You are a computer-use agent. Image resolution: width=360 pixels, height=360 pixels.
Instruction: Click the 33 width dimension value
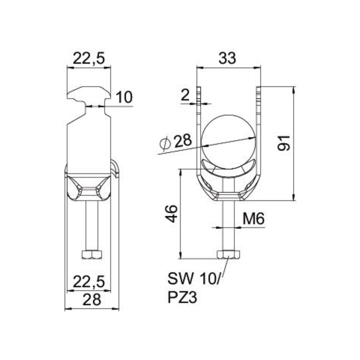pyautogui.click(x=227, y=58)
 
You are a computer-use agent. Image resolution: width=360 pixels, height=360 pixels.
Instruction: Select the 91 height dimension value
pyautogui.click(x=284, y=143)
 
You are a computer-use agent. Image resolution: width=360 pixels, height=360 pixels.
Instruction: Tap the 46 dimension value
pyautogui.click(x=171, y=214)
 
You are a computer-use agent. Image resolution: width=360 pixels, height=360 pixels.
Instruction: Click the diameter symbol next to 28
pyautogui.click(x=165, y=143)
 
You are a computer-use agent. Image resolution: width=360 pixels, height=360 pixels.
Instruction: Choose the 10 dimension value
pyautogui.click(x=124, y=97)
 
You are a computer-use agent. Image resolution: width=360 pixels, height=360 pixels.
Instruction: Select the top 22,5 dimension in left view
pyautogui.click(x=88, y=58)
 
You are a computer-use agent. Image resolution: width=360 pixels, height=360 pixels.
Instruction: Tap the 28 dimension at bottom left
pyautogui.click(x=91, y=299)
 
